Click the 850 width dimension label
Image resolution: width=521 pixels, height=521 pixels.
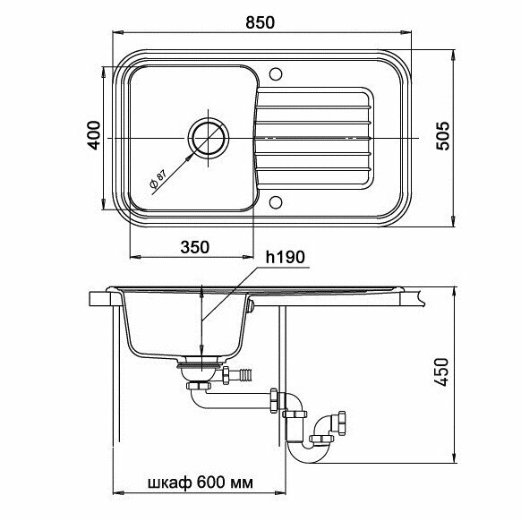tap(260, 22)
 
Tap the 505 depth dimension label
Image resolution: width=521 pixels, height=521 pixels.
tap(442, 136)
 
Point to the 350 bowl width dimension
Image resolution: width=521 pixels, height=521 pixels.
tap(195, 247)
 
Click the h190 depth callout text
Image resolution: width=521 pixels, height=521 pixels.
tap(285, 257)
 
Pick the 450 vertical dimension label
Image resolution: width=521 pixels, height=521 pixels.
tap(442, 372)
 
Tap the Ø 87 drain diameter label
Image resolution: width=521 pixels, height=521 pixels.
tap(158, 179)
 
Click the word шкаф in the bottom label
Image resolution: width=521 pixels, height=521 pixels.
tap(169, 483)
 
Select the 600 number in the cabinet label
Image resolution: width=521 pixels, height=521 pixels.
tap(211, 483)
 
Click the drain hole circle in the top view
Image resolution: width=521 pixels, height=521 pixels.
tap(209, 119)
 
